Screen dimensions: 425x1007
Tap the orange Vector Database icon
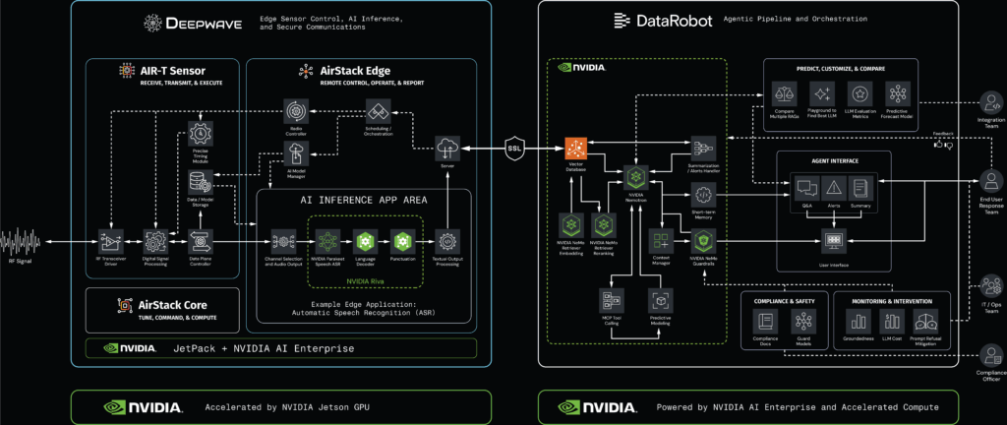pyautogui.click(x=575, y=150)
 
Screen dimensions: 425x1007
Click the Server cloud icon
pyautogui.click(x=447, y=148)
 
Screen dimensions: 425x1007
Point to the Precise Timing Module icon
pyautogui.click(x=201, y=134)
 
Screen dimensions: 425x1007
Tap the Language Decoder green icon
pyautogui.click(x=364, y=240)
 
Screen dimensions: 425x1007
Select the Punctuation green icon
pyautogui.click(x=401, y=240)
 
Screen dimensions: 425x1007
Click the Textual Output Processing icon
pyautogui.click(x=447, y=240)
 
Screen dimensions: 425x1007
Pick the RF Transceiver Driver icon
pyautogui.click(x=110, y=241)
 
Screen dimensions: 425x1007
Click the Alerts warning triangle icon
pyautogui.click(x=832, y=187)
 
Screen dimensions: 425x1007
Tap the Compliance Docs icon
pyautogui.click(x=764, y=321)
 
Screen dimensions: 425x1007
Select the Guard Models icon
pyautogui.click(x=804, y=321)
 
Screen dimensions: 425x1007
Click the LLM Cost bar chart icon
pyautogui.click(x=892, y=321)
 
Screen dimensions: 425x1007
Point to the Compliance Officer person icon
pyautogui.click(x=987, y=353)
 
